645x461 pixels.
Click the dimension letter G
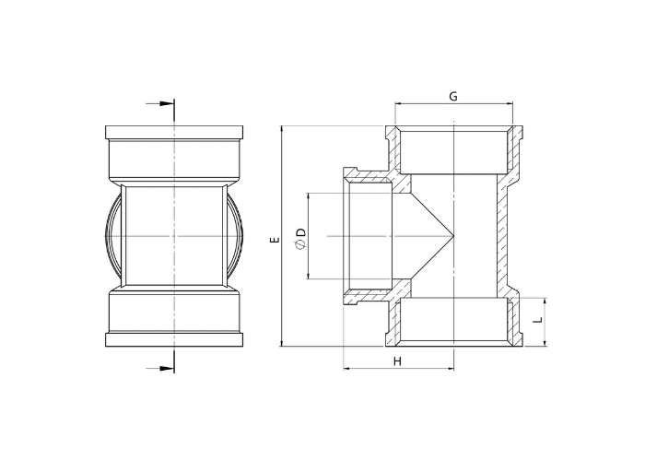tap(453, 96)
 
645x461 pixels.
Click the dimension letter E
tap(276, 239)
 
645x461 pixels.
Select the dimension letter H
tap(397, 361)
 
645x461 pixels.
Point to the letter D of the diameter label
tap(301, 232)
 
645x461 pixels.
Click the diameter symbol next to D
tap(300, 246)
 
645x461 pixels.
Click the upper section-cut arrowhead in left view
tap(167, 103)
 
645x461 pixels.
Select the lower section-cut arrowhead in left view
tap(167, 368)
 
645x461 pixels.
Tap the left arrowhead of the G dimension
tap(398, 103)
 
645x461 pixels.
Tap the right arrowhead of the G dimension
tap(510, 103)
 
